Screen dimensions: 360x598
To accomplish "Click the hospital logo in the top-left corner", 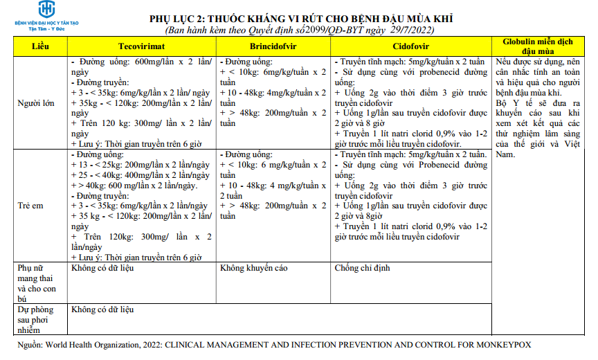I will (x=46, y=10).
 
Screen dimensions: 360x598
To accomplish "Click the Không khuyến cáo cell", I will (x=253, y=268).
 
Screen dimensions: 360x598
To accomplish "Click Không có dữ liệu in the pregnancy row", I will (x=102, y=268).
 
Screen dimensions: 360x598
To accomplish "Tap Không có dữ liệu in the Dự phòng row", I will (x=102, y=309).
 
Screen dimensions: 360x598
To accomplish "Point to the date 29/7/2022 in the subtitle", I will (x=414, y=30).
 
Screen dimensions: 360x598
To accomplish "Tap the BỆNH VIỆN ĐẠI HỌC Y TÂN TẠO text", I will (x=46, y=23).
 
